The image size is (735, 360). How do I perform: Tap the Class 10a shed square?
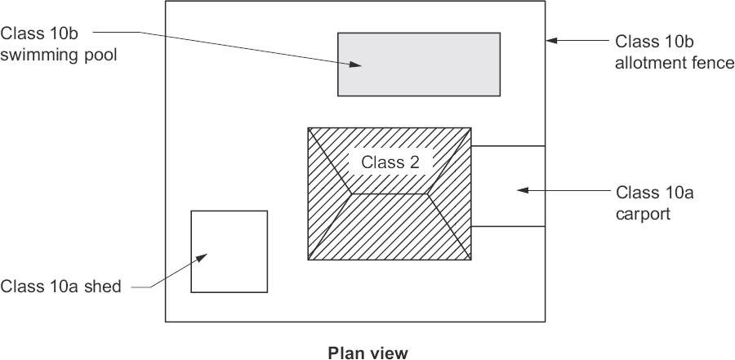(229, 269)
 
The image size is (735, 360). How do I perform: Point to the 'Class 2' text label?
(390, 162)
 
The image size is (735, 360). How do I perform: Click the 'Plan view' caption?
(367, 353)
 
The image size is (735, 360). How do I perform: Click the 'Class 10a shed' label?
(61, 287)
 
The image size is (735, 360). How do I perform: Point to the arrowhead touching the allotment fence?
(552, 39)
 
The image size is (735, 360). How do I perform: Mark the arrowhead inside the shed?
(201, 258)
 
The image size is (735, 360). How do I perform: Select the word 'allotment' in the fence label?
(646, 62)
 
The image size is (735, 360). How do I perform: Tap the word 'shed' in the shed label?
(106, 287)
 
